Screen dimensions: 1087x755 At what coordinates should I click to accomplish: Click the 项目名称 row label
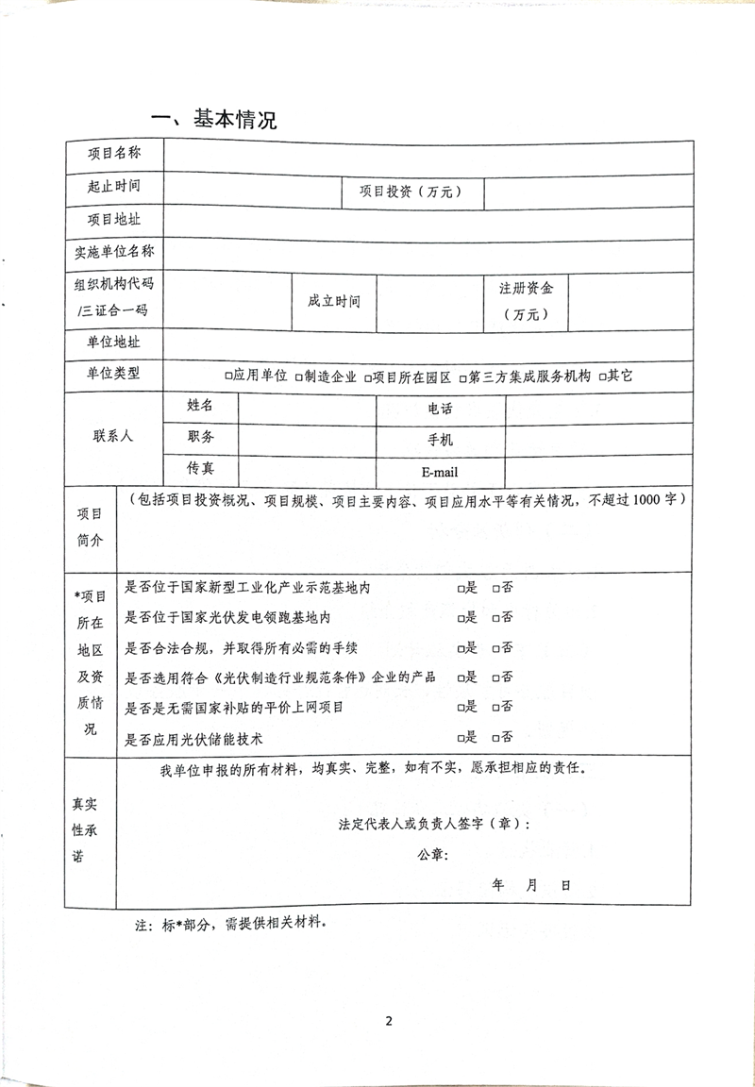114,154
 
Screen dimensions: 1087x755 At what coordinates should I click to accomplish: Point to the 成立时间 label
334,301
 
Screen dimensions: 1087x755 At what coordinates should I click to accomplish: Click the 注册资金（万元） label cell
526,301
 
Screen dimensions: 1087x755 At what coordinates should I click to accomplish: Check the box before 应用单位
229,376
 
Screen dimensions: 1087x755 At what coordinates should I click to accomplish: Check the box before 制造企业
298,376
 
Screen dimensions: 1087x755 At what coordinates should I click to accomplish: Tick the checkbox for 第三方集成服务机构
463,376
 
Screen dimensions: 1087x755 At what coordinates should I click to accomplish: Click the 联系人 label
113,436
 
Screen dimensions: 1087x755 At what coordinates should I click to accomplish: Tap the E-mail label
440,472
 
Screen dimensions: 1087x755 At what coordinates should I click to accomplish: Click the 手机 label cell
440,440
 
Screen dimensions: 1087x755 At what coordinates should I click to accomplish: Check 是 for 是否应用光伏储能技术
461,737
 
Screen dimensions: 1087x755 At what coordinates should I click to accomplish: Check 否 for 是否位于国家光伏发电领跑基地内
495,618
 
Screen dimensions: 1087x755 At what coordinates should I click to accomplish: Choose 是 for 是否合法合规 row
461,648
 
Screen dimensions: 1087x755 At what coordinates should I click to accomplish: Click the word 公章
432,855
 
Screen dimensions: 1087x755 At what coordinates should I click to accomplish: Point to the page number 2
387,1021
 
